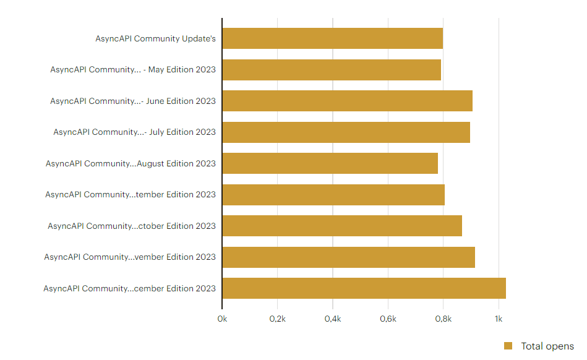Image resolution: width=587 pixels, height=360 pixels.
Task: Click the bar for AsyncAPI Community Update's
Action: (332, 38)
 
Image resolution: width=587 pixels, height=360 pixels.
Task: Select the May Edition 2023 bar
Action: (332, 70)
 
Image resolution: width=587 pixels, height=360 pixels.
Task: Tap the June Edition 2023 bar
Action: (348, 101)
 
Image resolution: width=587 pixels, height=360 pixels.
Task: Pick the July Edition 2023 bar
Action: (346, 132)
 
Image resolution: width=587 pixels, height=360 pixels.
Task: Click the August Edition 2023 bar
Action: (330, 163)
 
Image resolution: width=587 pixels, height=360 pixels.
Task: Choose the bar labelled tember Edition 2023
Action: (333, 195)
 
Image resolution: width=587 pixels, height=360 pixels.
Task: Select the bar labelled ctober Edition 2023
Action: (342, 226)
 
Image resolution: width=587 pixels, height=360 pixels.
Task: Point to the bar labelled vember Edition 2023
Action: (348, 257)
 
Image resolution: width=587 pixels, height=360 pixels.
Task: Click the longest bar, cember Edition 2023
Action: (364, 288)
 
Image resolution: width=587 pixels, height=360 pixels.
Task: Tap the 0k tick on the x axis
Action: (222, 319)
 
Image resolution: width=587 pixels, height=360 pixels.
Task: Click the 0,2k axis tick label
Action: (277, 319)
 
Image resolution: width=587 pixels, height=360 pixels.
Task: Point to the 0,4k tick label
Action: (333, 319)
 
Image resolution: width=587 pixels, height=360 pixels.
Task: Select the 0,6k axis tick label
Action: (388, 319)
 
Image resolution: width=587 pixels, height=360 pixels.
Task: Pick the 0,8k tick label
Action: (443, 319)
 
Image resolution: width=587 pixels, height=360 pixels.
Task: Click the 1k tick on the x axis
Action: (499, 319)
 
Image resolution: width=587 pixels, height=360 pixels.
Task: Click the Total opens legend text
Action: (547, 346)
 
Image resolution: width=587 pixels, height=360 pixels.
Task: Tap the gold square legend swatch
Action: (508, 346)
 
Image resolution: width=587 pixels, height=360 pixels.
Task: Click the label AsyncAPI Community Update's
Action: (155, 38)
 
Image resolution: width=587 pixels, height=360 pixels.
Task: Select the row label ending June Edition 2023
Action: (133, 101)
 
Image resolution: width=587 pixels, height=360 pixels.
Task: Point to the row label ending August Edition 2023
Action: (131, 163)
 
